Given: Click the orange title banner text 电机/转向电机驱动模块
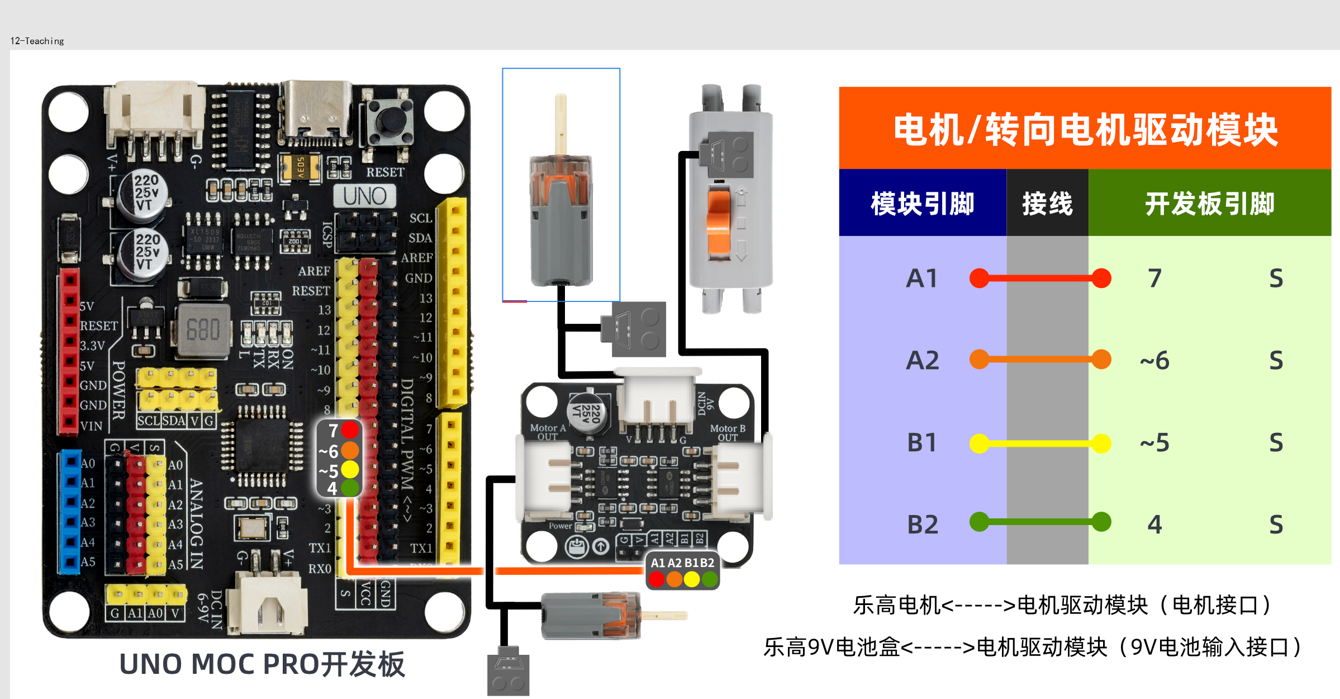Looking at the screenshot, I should [x=1085, y=130].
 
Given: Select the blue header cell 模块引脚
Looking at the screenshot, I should [x=922, y=204].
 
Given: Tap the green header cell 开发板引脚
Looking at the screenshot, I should [x=1209, y=204].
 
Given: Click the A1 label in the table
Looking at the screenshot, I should [x=921, y=278].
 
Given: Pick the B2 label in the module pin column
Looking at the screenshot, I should [x=922, y=525].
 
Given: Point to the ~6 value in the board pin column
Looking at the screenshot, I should [x=1154, y=361].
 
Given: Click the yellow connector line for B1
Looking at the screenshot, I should [x=1039, y=443].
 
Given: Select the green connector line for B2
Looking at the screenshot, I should [x=1039, y=522].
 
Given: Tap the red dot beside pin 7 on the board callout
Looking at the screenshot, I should [x=350, y=429].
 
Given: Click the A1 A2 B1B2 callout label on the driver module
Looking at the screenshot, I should [x=682, y=563].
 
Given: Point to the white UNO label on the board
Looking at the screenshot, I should [x=364, y=196].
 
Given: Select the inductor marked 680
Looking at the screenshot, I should [x=203, y=330].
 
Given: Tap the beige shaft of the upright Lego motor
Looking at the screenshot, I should [x=560, y=123].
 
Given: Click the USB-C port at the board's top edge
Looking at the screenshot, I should [x=316, y=112].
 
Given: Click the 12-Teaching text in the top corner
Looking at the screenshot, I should [x=37, y=41].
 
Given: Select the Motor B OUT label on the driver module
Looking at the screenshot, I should [x=727, y=432].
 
